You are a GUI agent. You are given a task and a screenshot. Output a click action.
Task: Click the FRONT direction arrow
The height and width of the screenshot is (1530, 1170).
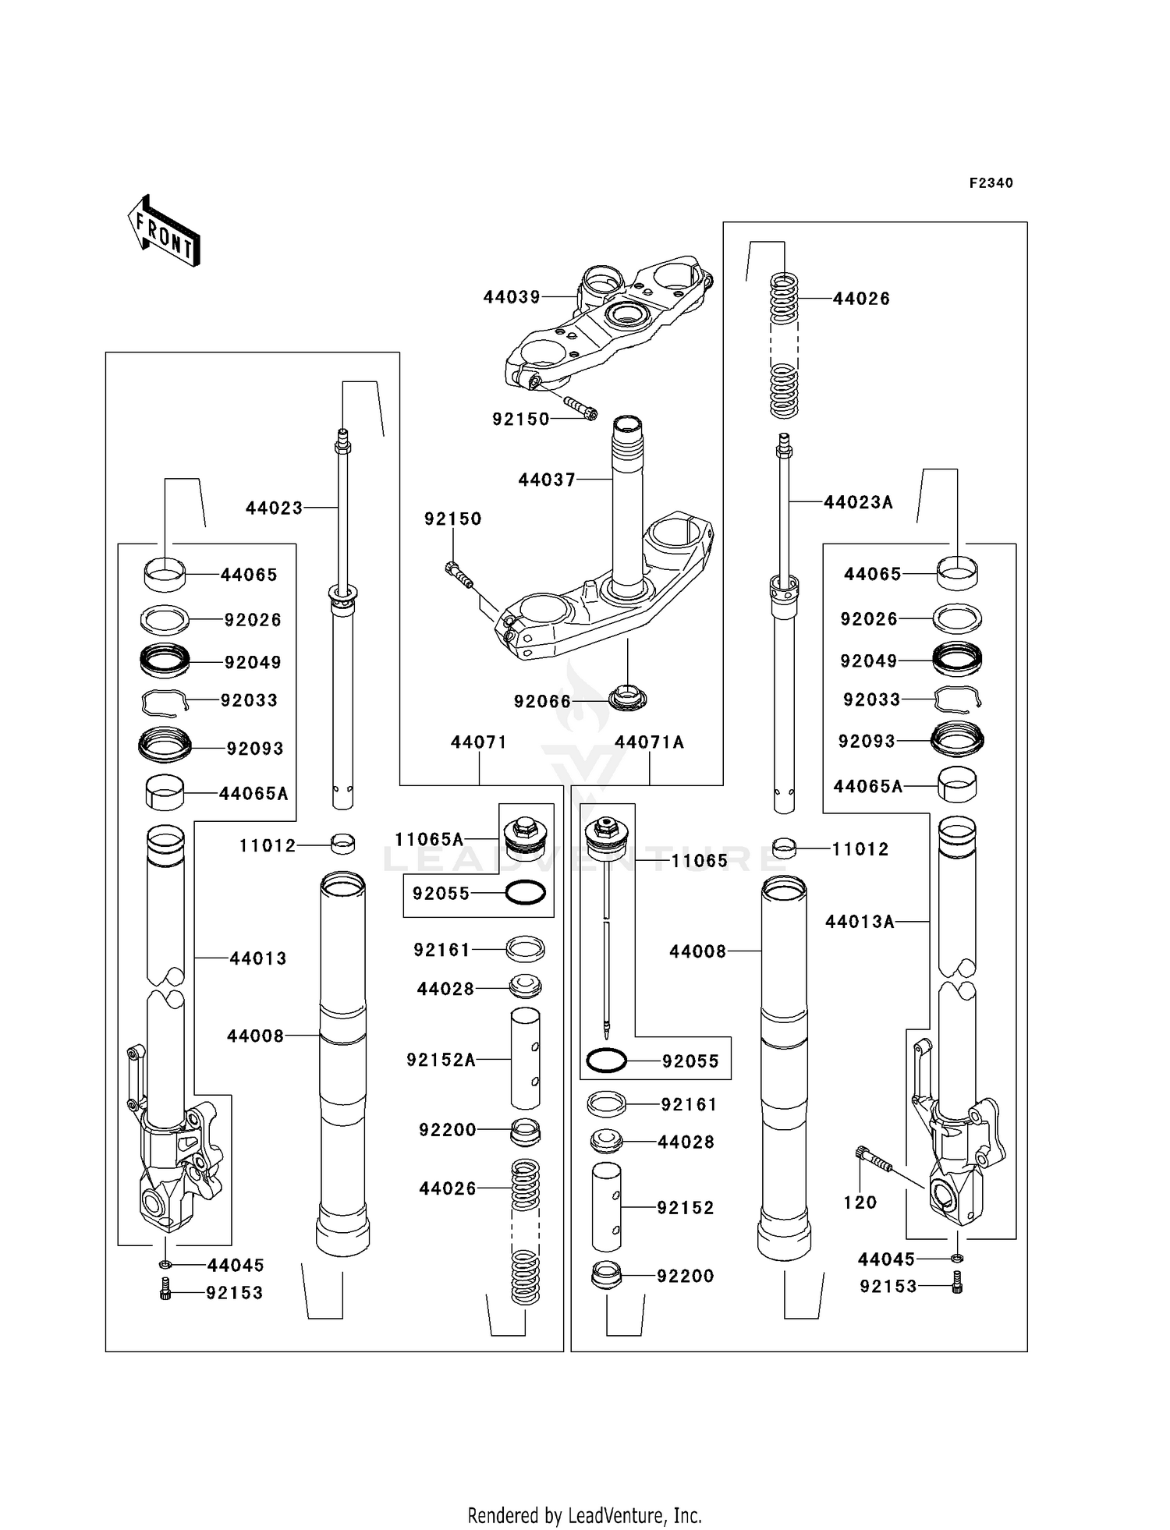165,232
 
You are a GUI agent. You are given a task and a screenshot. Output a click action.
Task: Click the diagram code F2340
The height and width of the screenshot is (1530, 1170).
991,183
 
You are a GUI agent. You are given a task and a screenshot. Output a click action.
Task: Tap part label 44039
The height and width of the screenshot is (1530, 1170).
512,297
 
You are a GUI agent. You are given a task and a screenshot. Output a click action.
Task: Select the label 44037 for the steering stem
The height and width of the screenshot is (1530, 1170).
547,480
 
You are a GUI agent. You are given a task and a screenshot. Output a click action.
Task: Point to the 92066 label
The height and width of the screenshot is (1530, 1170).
542,702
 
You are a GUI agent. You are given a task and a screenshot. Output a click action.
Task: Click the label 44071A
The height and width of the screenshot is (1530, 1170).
649,742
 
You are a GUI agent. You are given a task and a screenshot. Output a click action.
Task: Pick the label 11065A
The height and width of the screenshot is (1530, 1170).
429,840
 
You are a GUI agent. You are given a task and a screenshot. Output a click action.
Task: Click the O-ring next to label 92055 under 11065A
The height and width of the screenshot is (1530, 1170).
525,893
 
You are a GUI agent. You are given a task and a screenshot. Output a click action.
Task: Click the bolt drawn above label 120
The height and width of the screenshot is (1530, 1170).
874,1160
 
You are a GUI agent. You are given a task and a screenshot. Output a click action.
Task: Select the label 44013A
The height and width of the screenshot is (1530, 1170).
860,923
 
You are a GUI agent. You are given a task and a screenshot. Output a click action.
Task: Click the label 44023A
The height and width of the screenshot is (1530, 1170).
858,503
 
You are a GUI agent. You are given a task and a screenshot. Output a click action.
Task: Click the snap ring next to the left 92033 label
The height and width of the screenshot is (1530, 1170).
165,703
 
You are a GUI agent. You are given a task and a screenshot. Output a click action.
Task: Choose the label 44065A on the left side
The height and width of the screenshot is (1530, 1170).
253,794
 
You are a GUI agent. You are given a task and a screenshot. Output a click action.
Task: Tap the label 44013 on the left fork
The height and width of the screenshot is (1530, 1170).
257,958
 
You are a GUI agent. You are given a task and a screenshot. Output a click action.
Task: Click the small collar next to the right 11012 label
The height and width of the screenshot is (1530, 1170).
784,848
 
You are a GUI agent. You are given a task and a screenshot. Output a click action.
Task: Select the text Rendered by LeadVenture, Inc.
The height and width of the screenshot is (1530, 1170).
585,1515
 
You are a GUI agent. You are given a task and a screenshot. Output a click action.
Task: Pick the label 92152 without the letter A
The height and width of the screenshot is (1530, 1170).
685,1208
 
